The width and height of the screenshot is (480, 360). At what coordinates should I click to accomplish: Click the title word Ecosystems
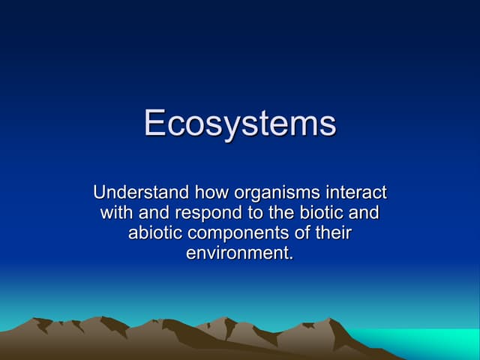coord(240,123)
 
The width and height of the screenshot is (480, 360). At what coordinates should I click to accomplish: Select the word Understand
coord(140,193)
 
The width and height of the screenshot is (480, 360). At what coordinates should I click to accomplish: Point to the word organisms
coord(271,195)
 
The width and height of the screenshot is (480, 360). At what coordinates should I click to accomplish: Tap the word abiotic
coord(155,233)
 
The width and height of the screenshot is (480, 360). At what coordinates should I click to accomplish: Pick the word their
coord(332,233)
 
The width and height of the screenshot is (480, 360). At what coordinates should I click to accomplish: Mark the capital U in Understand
coord(100,193)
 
